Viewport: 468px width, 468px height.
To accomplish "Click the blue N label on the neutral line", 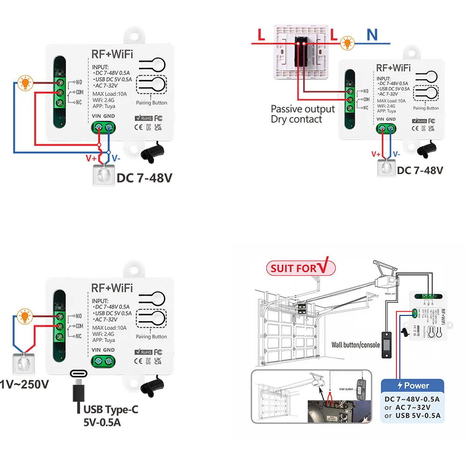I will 372,34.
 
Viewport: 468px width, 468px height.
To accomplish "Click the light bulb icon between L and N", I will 347,44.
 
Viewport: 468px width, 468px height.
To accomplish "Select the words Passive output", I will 303,109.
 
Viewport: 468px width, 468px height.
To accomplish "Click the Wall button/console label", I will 355,345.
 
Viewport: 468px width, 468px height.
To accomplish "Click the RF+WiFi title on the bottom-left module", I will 112,288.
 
